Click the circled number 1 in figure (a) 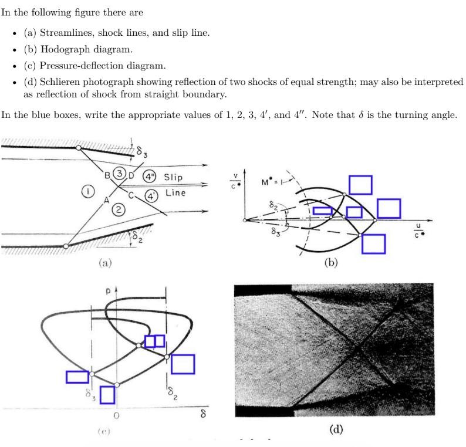(x=88, y=191)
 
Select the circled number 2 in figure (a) (x=119, y=210)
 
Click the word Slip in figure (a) (x=173, y=177)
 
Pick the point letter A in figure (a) (x=107, y=200)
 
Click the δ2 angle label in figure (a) (x=137, y=237)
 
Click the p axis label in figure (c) (x=109, y=290)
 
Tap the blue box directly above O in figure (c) (x=107, y=395)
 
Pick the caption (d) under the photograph (x=335, y=429)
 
